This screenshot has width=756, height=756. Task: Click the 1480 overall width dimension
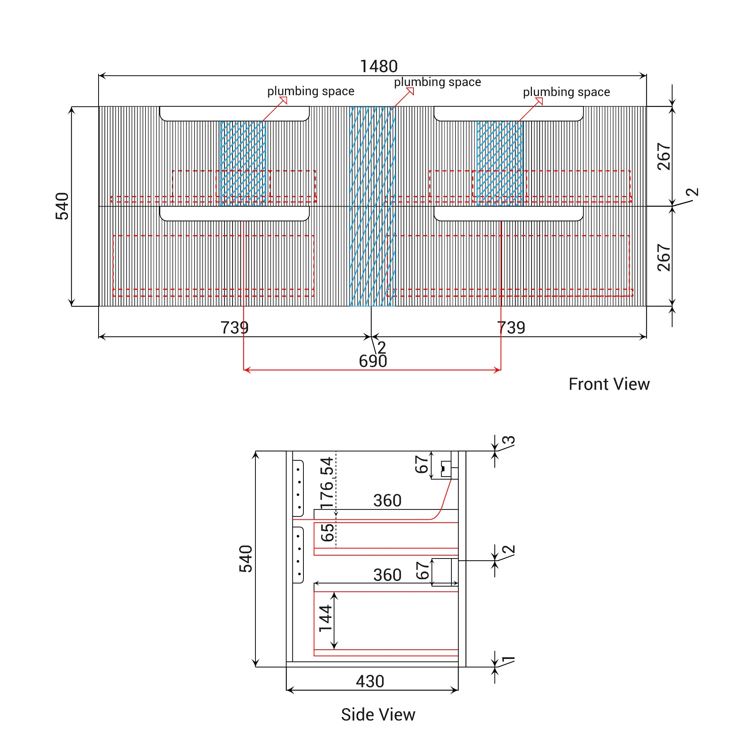click(378, 66)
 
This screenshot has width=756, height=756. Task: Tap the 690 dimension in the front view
click(372, 361)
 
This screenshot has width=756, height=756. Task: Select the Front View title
click(609, 384)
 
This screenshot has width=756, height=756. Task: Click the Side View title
click(378, 715)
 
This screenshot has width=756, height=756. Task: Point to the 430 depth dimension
click(370, 681)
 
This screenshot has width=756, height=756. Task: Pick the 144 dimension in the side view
click(326, 618)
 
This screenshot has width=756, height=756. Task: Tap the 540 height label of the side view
click(246, 559)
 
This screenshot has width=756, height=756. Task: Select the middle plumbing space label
click(437, 82)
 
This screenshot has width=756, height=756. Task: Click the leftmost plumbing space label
click(311, 91)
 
